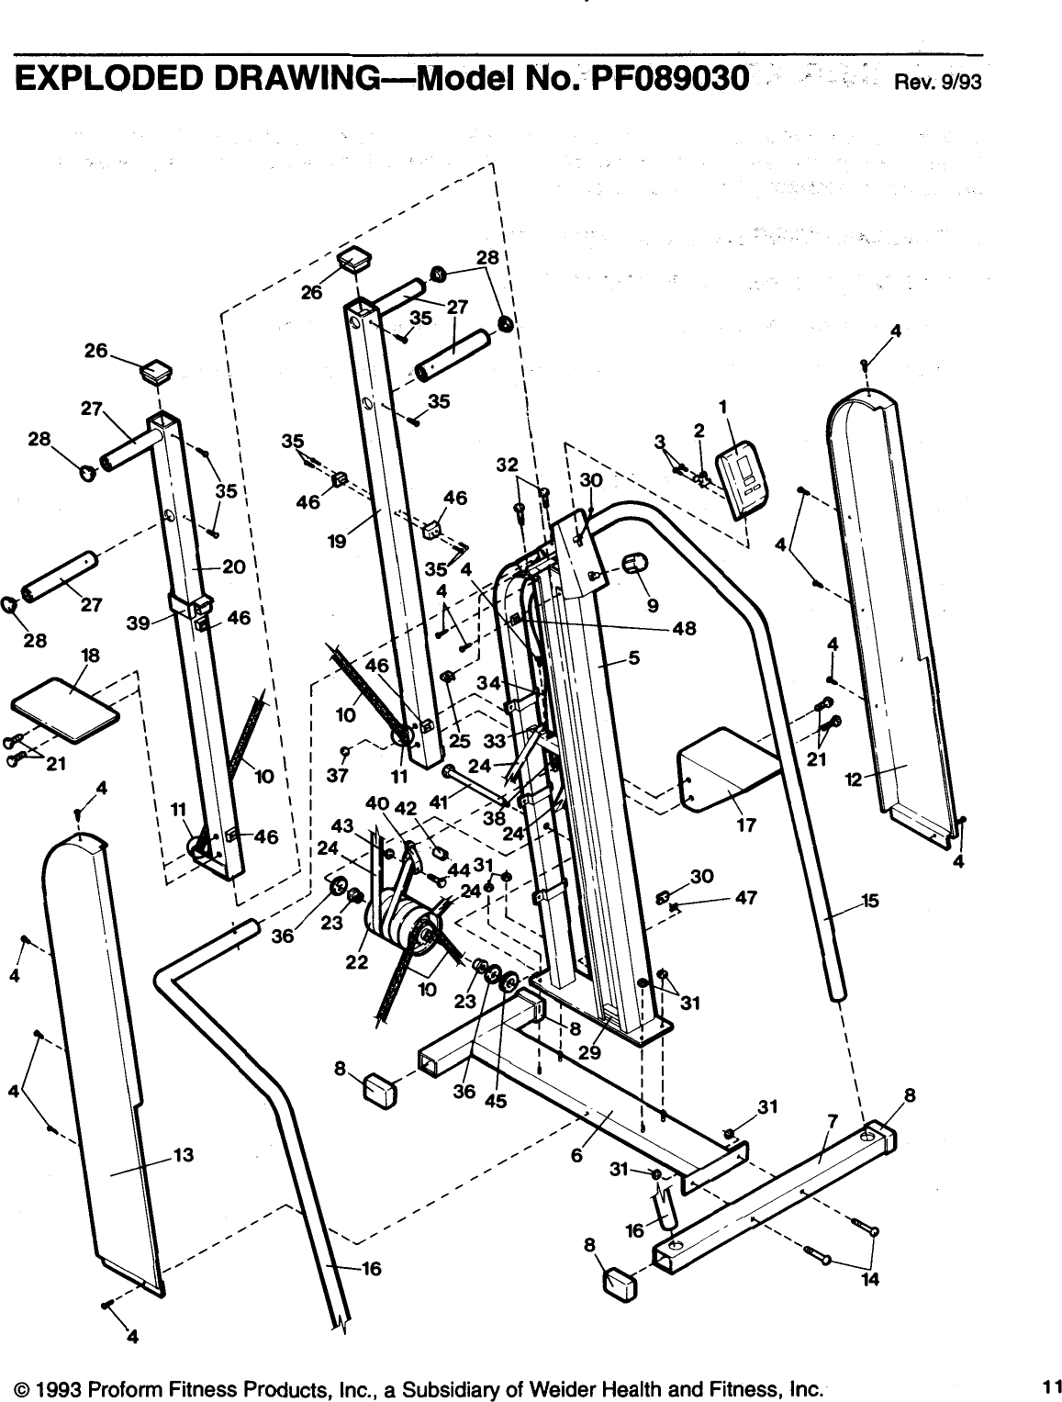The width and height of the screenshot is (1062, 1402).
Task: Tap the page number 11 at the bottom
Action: [x=1050, y=1383]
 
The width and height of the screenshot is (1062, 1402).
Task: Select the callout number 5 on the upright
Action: [x=633, y=656]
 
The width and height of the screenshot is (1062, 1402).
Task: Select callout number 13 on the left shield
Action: [x=184, y=1155]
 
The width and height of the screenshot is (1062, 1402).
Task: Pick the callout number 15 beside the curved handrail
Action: [x=869, y=901]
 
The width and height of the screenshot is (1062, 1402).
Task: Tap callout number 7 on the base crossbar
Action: [x=832, y=1121]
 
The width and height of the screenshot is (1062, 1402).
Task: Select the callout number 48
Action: [x=684, y=629]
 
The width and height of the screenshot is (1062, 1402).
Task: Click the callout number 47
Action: [x=745, y=898]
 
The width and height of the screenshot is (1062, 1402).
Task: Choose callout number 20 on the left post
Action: [x=233, y=566]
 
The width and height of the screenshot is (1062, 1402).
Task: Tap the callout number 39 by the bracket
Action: [x=140, y=623]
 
